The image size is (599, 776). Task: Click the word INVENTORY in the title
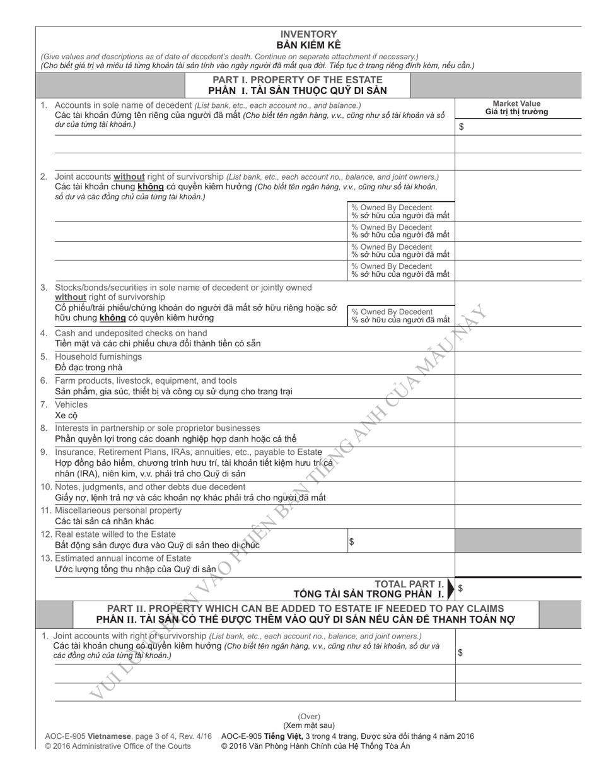(x=308, y=34)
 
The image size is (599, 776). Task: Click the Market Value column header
(x=516, y=103)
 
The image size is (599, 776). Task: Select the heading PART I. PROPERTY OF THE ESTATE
(x=297, y=79)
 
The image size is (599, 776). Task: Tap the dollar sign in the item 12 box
(x=351, y=541)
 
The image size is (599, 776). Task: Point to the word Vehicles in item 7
(x=71, y=404)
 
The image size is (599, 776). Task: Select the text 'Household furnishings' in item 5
(x=98, y=356)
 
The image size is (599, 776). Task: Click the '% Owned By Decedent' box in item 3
(x=400, y=315)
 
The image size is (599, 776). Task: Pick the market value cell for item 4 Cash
(x=526, y=338)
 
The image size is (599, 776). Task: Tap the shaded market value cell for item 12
(x=526, y=541)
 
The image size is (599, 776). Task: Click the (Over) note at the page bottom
(x=309, y=717)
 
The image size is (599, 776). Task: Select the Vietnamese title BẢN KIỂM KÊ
(x=308, y=45)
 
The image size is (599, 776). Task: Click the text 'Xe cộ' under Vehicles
(x=66, y=415)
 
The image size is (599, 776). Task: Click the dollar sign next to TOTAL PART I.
(x=460, y=588)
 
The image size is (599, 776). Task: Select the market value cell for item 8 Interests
(x=526, y=433)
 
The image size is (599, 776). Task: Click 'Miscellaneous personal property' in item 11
(x=118, y=510)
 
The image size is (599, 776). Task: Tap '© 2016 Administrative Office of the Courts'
(x=117, y=746)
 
